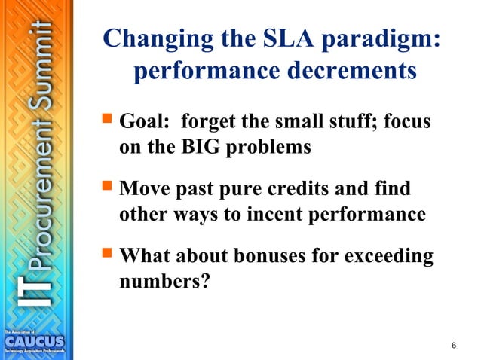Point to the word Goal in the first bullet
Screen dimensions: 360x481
pos(143,121)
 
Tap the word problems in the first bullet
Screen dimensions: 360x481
pos(268,147)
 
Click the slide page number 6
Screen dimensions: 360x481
pos(453,345)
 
